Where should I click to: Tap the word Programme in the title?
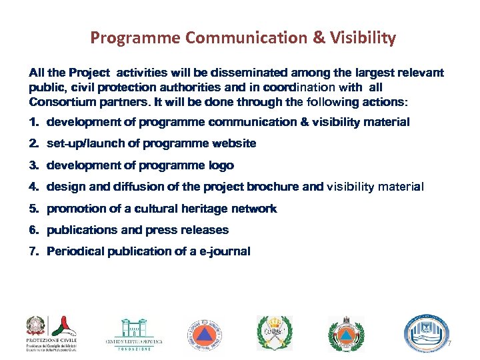[x=135, y=38]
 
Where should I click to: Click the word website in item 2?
[x=233, y=143]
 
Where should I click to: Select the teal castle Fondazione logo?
[x=133, y=333]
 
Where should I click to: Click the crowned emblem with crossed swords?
[x=274, y=333]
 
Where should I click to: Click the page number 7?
[x=449, y=344]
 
